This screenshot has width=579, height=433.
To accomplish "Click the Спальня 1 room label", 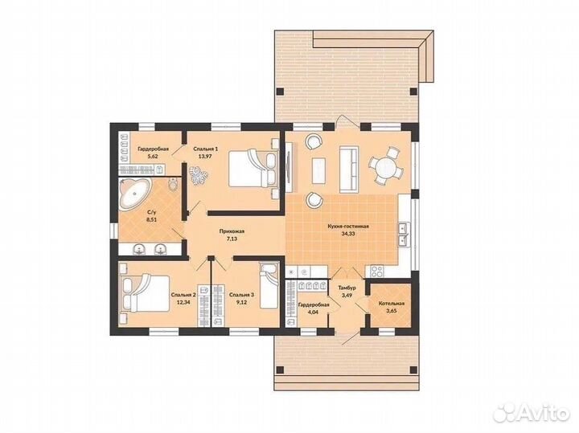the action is pos(206,149).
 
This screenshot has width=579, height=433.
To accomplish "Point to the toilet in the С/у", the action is pos(172,185).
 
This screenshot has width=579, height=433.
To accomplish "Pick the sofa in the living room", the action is pos(349,169).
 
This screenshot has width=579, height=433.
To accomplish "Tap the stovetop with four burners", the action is pos(376,271).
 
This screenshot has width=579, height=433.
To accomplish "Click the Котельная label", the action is pos(392,304).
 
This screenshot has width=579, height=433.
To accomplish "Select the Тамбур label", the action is pos(347,288).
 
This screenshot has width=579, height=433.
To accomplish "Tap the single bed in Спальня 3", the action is pos(269,286).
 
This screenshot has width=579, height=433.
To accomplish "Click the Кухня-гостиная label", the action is pos(348,227).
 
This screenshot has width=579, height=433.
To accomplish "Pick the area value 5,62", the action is pos(153,157).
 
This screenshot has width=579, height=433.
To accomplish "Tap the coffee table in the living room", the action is pos(318,170).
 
